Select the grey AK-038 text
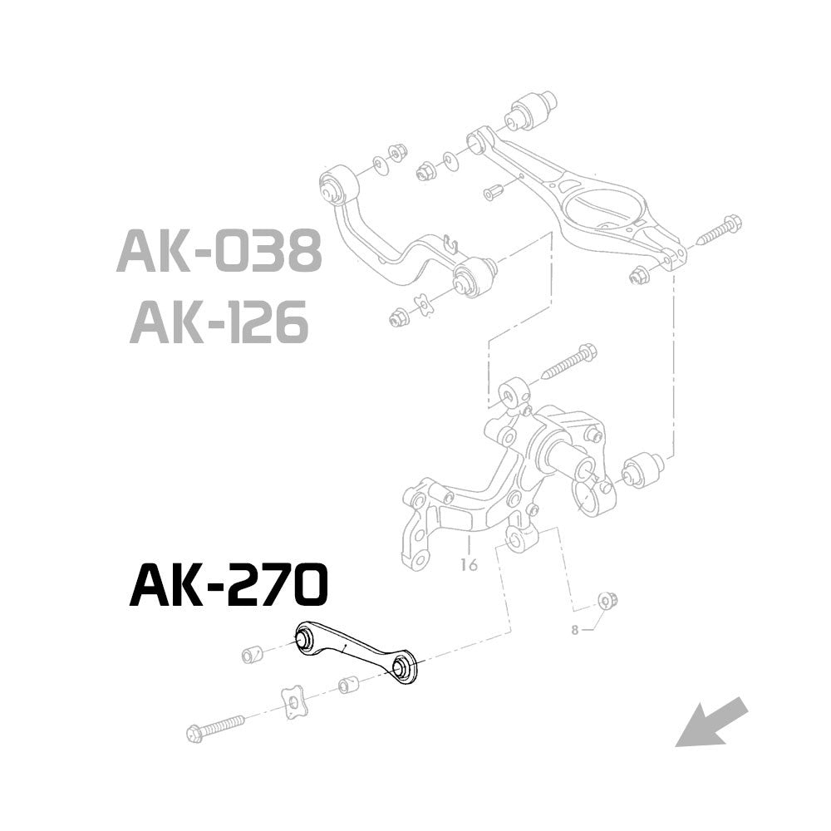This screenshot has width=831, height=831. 219,251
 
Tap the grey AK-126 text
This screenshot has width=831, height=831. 219,322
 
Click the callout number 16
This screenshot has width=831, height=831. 469,566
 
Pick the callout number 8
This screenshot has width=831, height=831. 574,629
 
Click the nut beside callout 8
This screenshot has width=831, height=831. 607,599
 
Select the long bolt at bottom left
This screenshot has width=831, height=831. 215,725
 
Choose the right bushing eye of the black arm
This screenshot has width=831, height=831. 403,668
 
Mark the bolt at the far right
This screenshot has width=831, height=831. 720,230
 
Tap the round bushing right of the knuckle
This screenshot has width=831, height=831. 642,470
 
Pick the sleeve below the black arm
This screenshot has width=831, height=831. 348,686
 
